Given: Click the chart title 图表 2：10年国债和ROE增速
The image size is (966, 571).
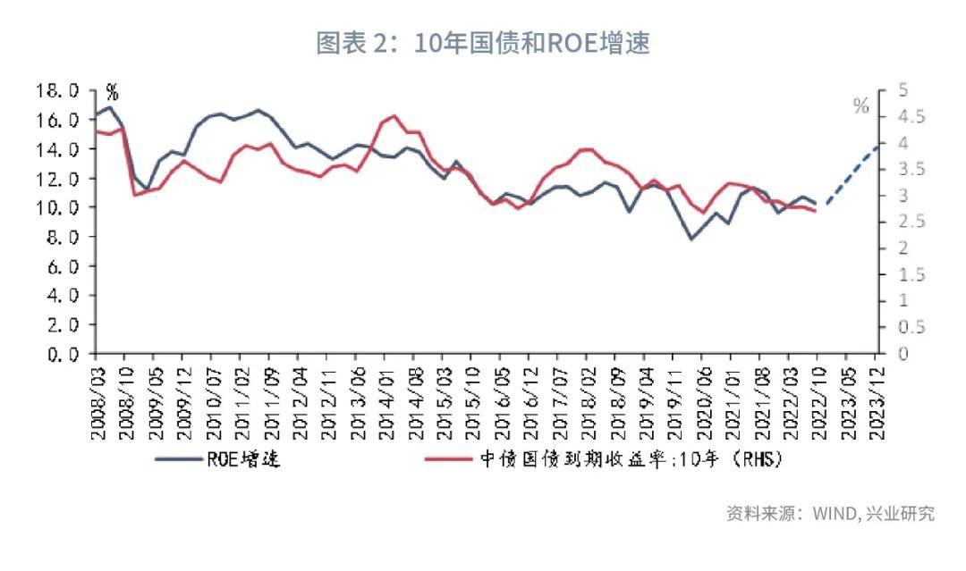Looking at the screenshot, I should click(x=483, y=43).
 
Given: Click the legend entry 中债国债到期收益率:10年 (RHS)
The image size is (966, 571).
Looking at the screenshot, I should click(x=617, y=459).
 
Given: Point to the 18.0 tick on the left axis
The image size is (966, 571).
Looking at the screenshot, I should click(x=57, y=90).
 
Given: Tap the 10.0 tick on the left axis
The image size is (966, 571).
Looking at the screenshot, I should click(x=57, y=207).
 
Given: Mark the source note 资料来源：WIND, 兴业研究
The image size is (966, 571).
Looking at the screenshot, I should click(x=830, y=514).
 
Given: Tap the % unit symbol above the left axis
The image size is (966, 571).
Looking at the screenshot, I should click(x=112, y=90).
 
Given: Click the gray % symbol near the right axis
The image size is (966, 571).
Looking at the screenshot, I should click(x=860, y=106).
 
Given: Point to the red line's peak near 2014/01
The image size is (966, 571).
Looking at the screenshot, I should click(x=394, y=116).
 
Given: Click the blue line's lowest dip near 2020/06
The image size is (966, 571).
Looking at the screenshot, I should click(x=691, y=239).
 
